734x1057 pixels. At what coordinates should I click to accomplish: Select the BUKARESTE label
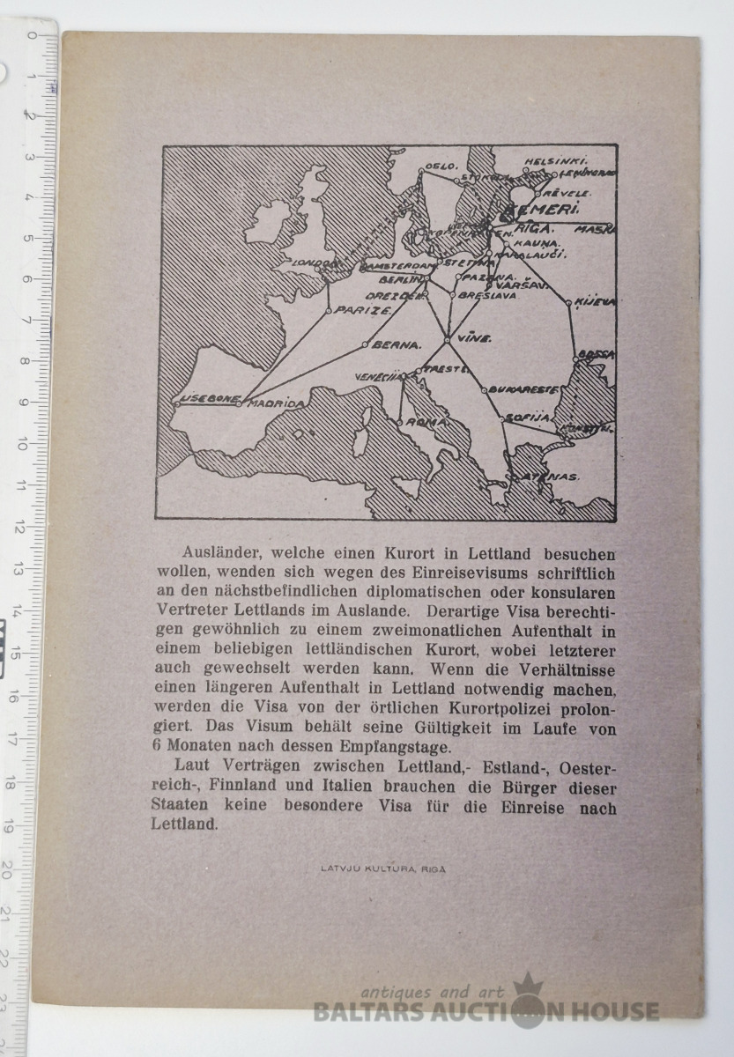[524, 388]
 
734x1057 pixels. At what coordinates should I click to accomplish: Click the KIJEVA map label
[595, 302]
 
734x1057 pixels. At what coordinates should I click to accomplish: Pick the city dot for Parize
[329, 310]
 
